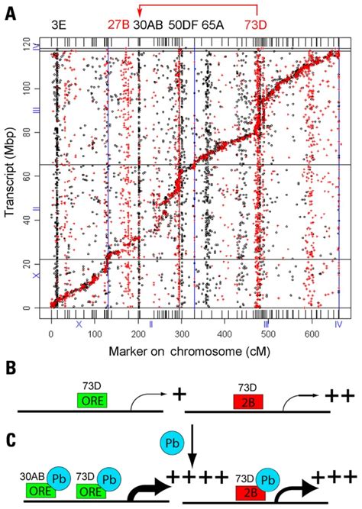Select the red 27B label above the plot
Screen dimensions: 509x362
pyautogui.click(x=118, y=25)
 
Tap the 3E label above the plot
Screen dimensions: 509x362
pyautogui.click(x=58, y=25)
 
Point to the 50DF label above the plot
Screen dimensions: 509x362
pyautogui.click(x=183, y=25)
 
